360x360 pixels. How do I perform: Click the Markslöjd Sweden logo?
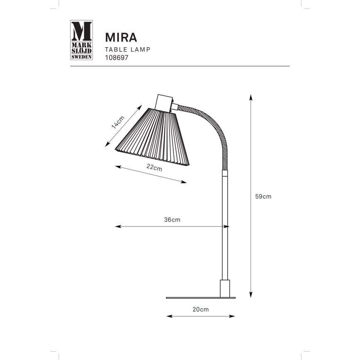click(x=81, y=40)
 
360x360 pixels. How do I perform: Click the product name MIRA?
click(x=121, y=37)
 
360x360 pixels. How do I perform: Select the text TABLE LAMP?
click(x=127, y=49)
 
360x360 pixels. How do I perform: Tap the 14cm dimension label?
click(x=118, y=122)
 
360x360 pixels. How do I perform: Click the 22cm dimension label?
click(x=154, y=168)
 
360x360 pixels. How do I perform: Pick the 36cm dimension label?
click(x=172, y=220)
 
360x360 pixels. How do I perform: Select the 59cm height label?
click(x=263, y=196)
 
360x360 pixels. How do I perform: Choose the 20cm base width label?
click(x=201, y=309)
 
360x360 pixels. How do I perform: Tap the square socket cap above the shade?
click(x=164, y=102)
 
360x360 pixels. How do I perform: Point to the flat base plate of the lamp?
click(x=201, y=297)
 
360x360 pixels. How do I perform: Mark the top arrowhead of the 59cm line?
click(x=251, y=97)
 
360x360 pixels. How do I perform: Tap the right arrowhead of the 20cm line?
click(x=233, y=316)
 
